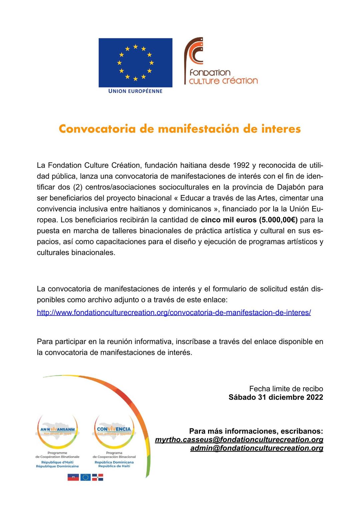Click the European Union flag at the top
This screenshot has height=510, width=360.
(135, 62)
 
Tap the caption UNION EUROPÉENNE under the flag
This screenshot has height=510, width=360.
(135, 91)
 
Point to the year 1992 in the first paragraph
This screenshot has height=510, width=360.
(241, 165)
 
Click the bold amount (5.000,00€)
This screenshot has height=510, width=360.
(278, 220)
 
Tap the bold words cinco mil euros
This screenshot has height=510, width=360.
(229, 220)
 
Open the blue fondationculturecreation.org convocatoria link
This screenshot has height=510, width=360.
(174, 313)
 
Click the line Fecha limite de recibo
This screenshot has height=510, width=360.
(286, 389)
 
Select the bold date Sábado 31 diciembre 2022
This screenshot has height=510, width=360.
(276, 397)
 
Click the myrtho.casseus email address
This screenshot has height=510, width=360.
(239, 440)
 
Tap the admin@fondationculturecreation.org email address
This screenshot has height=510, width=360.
(257, 448)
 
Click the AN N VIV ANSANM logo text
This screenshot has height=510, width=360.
(57, 429)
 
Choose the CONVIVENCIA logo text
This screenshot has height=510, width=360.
(114, 429)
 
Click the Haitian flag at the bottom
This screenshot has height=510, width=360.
(73, 477)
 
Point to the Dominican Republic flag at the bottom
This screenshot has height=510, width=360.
(98, 477)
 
